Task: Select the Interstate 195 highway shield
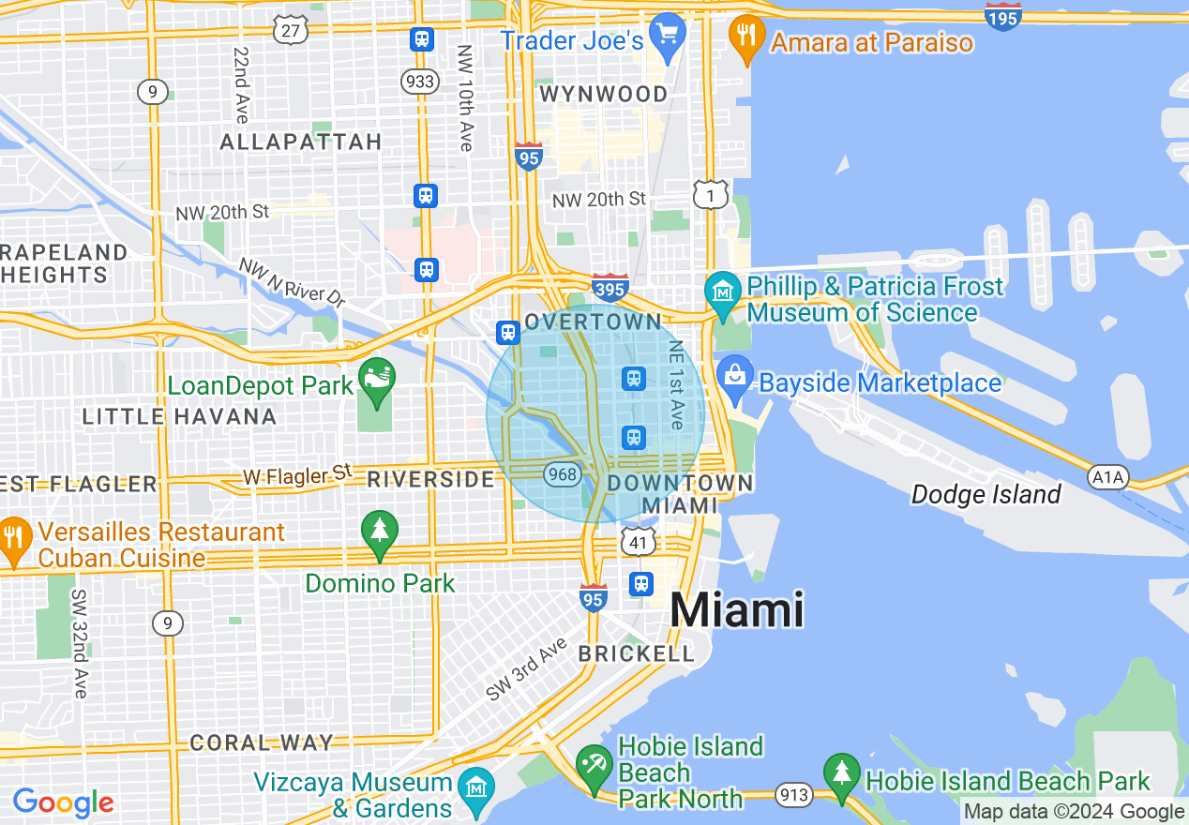[x=1003, y=16]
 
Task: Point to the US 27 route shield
[x=291, y=30]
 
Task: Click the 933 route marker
[x=420, y=82]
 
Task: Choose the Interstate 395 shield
[x=610, y=287]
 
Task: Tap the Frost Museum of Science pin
[x=723, y=291]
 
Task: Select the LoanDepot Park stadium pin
[x=377, y=380]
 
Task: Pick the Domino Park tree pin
[x=379, y=532]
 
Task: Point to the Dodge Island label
[x=986, y=494]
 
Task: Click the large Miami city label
[x=737, y=610]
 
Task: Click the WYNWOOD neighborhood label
[x=604, y=94]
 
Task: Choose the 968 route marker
[x=563, y=474]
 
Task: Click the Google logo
[x=64, y=802]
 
